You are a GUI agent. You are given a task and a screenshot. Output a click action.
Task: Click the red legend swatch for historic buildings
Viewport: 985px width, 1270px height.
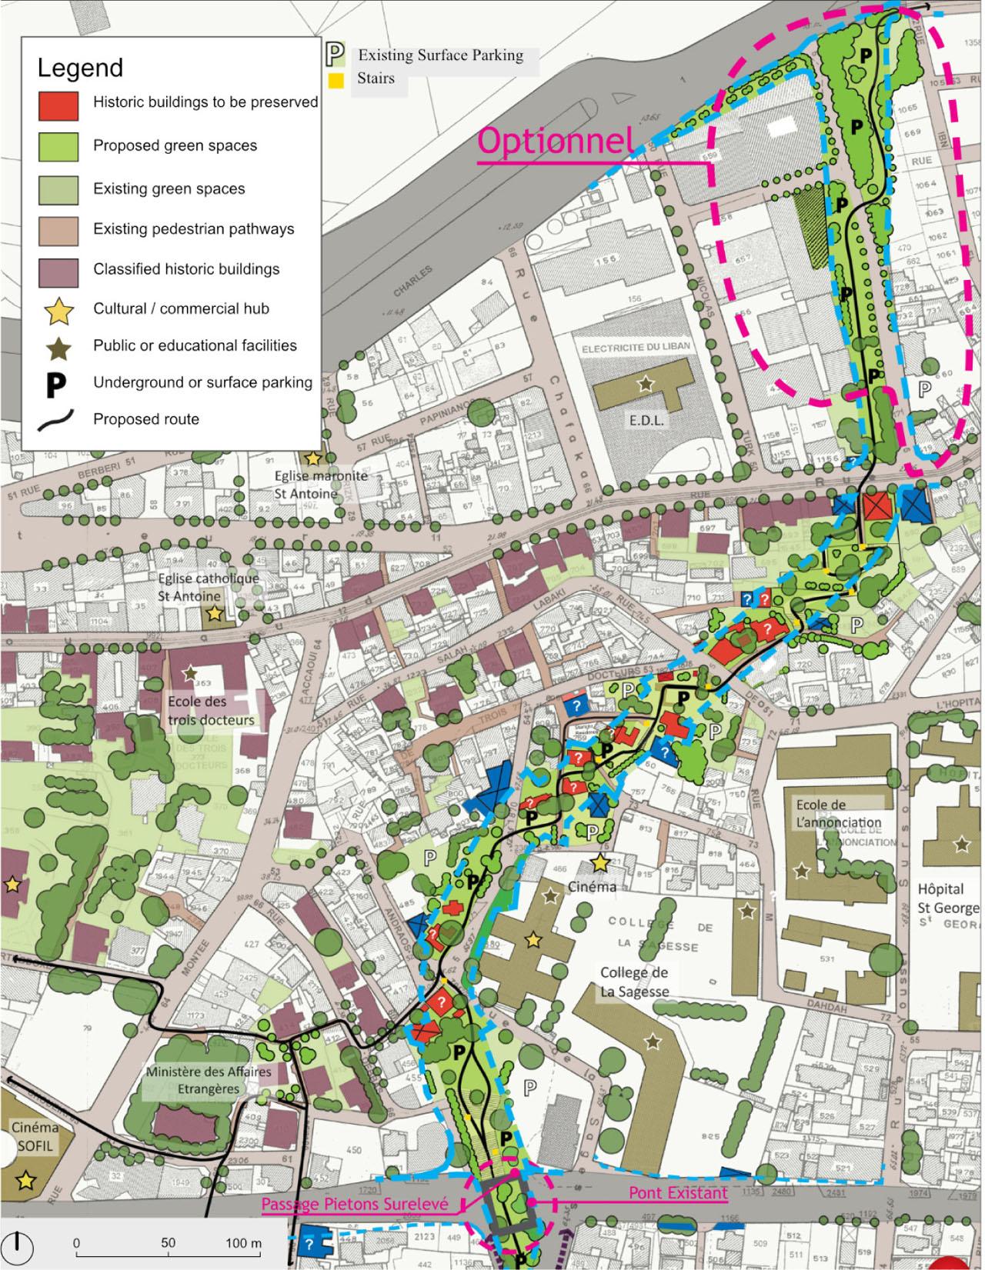pos(58,105)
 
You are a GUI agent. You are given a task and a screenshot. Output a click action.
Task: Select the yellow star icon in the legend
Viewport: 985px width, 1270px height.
pos(59,310)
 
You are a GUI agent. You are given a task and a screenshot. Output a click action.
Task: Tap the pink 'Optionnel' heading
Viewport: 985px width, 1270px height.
pos(556,141)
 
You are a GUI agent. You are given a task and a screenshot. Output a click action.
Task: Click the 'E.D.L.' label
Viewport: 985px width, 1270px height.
pos(645,421)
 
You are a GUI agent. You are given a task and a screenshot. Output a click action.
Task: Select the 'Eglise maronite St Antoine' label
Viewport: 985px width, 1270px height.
pos(321,484)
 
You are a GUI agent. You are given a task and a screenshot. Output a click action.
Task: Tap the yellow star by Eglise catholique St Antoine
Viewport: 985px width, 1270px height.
pos(213,613)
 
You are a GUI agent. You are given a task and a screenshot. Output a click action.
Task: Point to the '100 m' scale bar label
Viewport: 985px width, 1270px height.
pos(243,1242)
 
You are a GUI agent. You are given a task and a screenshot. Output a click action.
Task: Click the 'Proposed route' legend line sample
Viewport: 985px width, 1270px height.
pos(58,419)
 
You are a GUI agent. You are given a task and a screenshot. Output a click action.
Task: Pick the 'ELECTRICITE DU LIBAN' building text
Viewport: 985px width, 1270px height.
pos(636,346)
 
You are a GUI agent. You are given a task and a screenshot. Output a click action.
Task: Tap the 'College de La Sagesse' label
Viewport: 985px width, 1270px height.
pos(635,981)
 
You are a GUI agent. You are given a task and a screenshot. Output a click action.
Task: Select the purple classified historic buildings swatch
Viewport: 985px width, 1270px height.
pos(58,270)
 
